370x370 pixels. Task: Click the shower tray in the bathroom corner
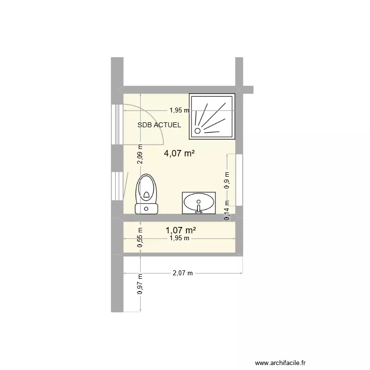[213, 114]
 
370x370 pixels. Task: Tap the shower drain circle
[198, 131]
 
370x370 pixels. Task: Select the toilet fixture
[147, 193]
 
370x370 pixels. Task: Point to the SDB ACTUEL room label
[159, 125]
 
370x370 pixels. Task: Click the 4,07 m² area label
[179, 153]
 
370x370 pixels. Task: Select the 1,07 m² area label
[181, 230]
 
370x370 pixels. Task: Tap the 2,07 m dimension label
[183, 272]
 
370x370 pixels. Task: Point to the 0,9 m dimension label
[227, 180]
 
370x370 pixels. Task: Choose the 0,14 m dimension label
[227, 210]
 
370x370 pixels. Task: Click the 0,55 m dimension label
[140, 237]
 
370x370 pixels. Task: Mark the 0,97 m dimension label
[140, 285]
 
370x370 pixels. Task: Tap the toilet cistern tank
[147, 209]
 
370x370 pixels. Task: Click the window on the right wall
[239, 180]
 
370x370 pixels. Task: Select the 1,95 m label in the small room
[179, 238]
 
